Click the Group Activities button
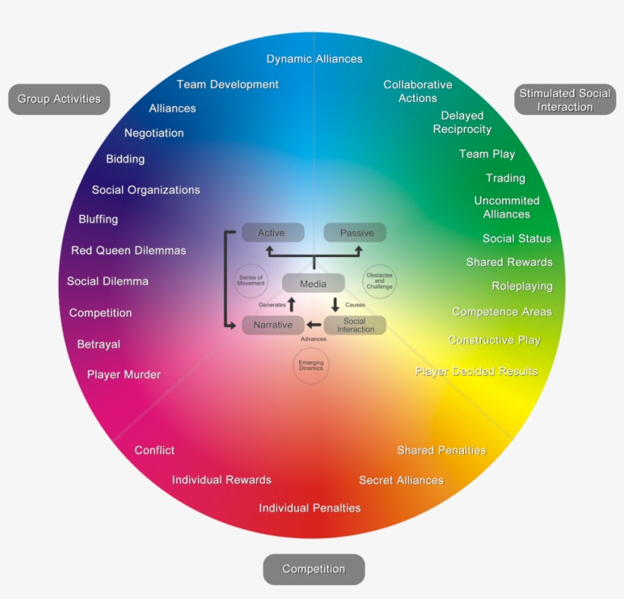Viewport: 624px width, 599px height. (59, 100)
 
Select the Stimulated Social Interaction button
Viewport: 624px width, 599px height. (565, 100)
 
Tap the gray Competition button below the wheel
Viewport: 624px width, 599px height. (314, 569)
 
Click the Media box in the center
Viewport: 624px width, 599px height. (313, 284)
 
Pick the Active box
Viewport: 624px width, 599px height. (272, 233)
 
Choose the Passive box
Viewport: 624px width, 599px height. (355, 233)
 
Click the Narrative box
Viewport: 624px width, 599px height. (272, 325)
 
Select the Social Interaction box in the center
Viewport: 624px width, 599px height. (355, 325)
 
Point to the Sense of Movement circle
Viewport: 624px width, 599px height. (250, 280)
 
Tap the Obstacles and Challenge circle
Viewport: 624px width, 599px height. (379, 281)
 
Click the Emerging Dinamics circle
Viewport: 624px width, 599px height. (311, 366)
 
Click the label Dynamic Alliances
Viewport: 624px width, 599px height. (314, 59)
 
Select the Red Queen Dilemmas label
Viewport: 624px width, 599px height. (129, 250)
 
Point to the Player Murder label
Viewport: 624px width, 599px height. (123, 375)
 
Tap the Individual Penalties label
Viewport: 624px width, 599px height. (310, 508)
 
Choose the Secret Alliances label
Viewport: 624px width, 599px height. (401, 480)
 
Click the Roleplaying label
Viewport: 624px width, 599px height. (522, 287)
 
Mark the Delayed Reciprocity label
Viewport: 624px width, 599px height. (462, 122)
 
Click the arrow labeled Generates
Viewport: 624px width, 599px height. (291, 305)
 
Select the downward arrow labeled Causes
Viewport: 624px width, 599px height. (335, 305)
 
